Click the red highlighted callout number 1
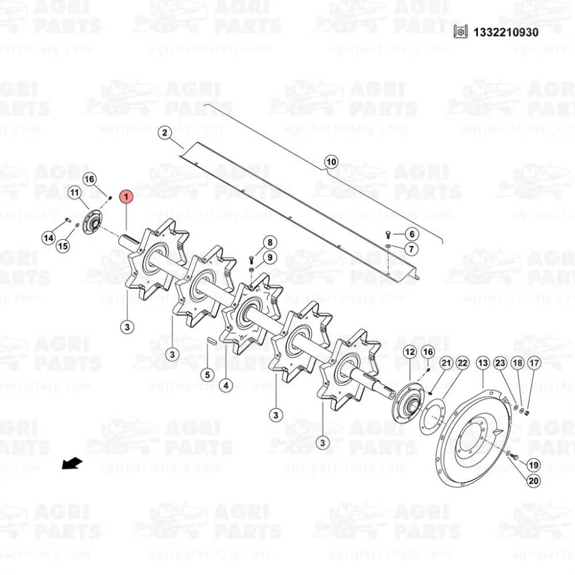point(126,197)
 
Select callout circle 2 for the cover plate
point(164,133)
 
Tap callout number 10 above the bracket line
point(331,162)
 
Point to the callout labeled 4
point(226,385)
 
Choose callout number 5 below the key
point(208,375)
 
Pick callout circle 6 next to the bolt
point(412,234)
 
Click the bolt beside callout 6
point(388,235)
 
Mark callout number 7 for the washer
point(412,249)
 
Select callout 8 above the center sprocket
point(270,243)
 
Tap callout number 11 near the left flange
point(74,193)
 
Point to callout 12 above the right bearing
point(410,352)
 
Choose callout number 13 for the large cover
point(483,363)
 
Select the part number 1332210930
point(506,32)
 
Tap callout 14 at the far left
point(49,238)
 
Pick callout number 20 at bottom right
point(534,480)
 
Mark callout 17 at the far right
point(534,363)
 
